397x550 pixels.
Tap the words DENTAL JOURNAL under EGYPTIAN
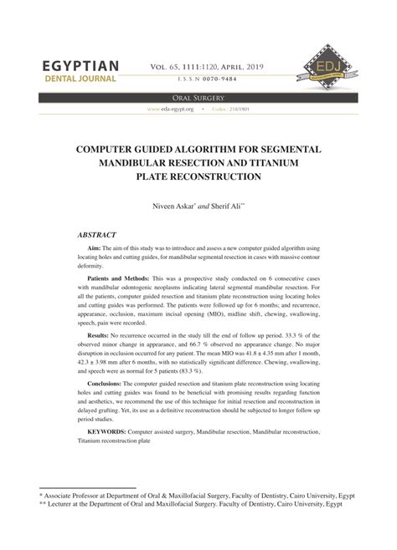(74, 79)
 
